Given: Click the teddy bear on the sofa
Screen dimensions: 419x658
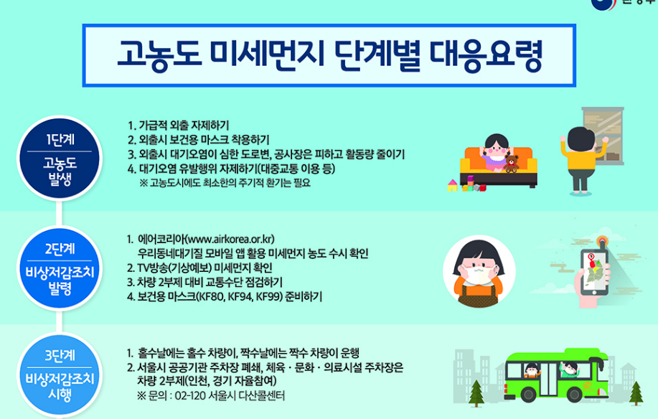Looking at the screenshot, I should click(512, 162).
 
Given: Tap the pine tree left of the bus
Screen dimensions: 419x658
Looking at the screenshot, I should click(476, 392).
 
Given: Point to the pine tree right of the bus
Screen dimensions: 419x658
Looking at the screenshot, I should click(635, 392).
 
